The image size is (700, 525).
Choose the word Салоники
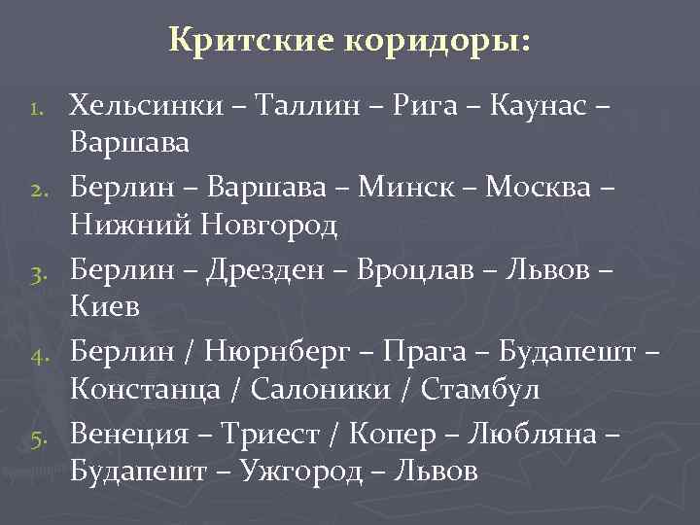308,390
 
